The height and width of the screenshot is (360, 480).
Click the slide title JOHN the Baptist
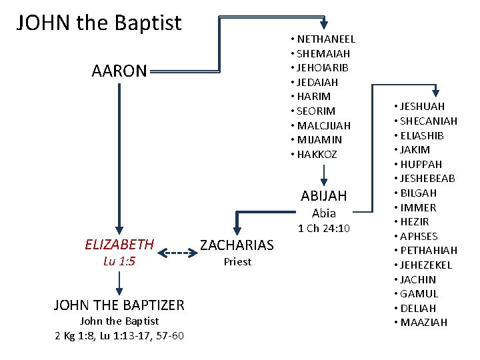coord(99,23)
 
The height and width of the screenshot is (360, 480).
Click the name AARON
coord(119,71)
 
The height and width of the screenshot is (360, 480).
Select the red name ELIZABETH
coord(119,245)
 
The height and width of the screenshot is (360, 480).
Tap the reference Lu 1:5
coord(119,261)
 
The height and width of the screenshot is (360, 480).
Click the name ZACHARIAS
coord(237,245)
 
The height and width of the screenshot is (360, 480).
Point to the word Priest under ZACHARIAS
coord(237,262)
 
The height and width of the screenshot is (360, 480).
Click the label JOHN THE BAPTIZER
coord(119,305)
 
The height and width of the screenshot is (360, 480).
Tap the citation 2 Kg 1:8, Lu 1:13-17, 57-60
coord(119,335)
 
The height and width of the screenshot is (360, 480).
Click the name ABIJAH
coord(324,196)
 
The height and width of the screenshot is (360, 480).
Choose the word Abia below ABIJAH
coord(324,213)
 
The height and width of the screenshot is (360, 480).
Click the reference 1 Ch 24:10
coord(324,229)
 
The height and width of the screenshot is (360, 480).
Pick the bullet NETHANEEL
coord(326,39)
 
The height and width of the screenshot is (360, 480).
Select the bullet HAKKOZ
coord(317,155)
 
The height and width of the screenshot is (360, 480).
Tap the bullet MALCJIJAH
coord(323,125)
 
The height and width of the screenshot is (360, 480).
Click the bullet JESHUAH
coord(422,107)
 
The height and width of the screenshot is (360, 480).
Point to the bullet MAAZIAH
coord(423,323)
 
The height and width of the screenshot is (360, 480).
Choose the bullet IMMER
coord(417,207)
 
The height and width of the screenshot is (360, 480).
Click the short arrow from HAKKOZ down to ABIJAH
coord(323,174)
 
